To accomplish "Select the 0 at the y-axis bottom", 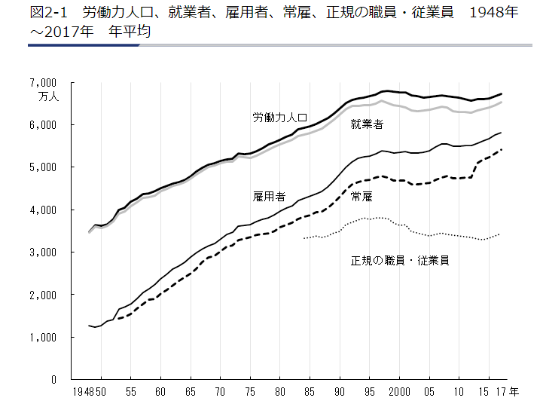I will pos(54,381).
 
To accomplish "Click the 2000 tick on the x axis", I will pos(399,393).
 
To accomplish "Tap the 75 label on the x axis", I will pos(250,393).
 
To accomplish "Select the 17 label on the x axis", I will pos(501,393).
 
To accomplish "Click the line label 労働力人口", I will pos(279,118).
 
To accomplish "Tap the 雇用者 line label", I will pos(269,197).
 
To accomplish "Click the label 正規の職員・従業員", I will pos(400,261).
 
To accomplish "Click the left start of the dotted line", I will pos(304,238).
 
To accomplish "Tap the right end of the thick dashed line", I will pos(502,149).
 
